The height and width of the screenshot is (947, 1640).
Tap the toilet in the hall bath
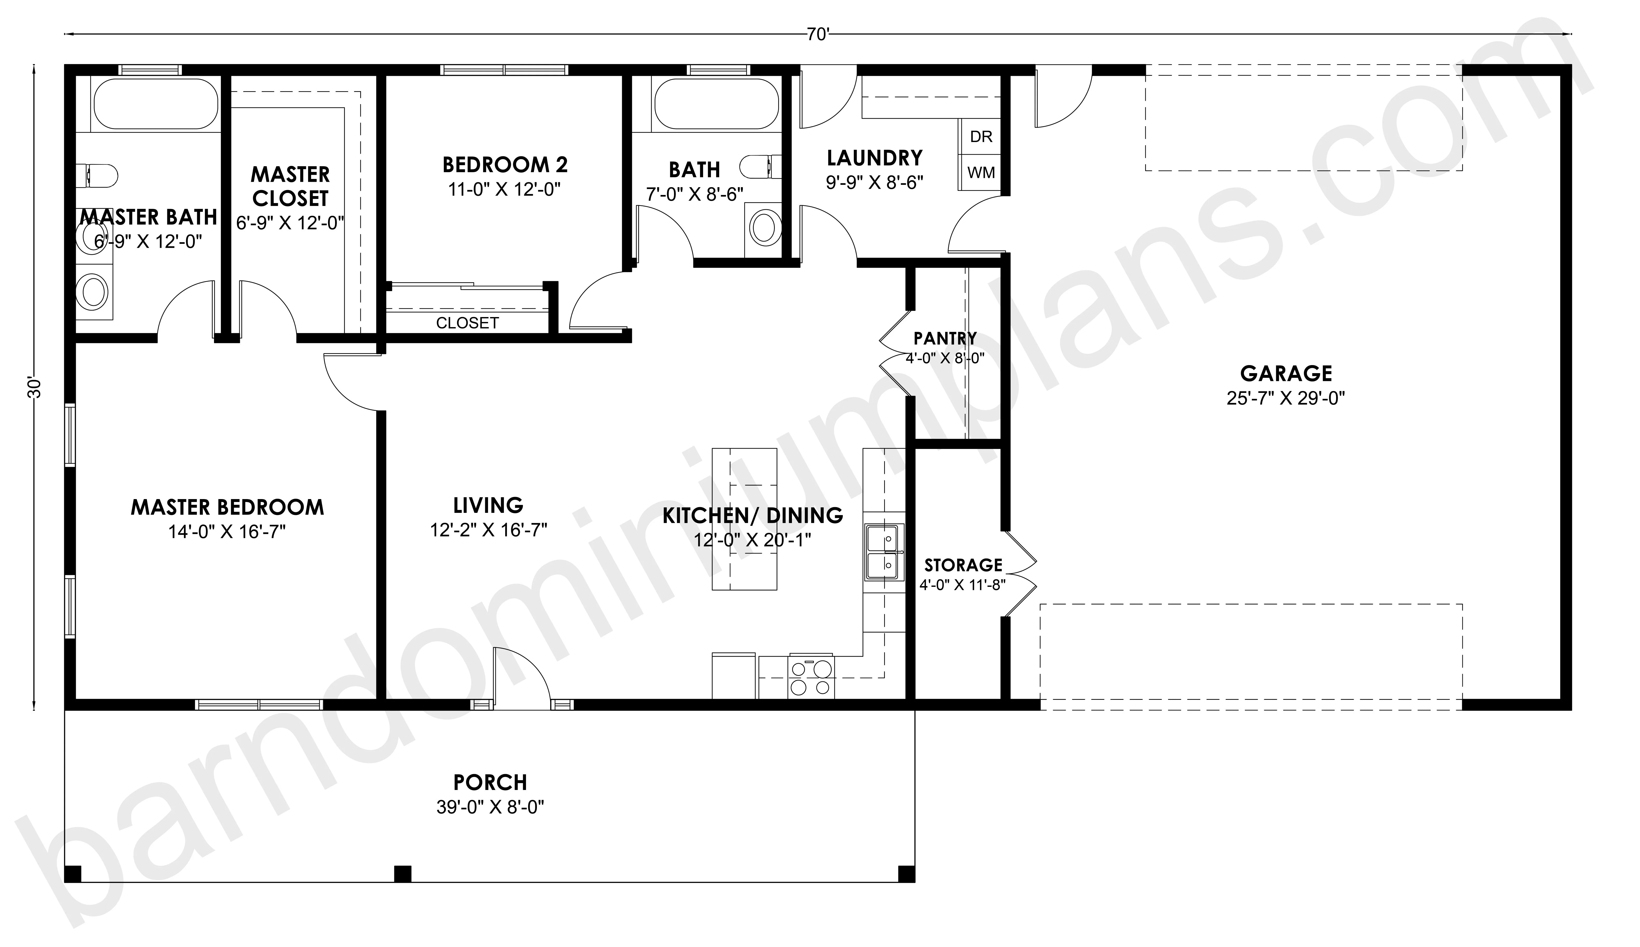pos(761,166)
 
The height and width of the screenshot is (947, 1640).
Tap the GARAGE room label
pos(1286,373)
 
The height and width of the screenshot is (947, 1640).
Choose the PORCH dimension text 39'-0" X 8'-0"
pos(490,807)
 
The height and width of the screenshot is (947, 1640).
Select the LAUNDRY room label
pos(874,158)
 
